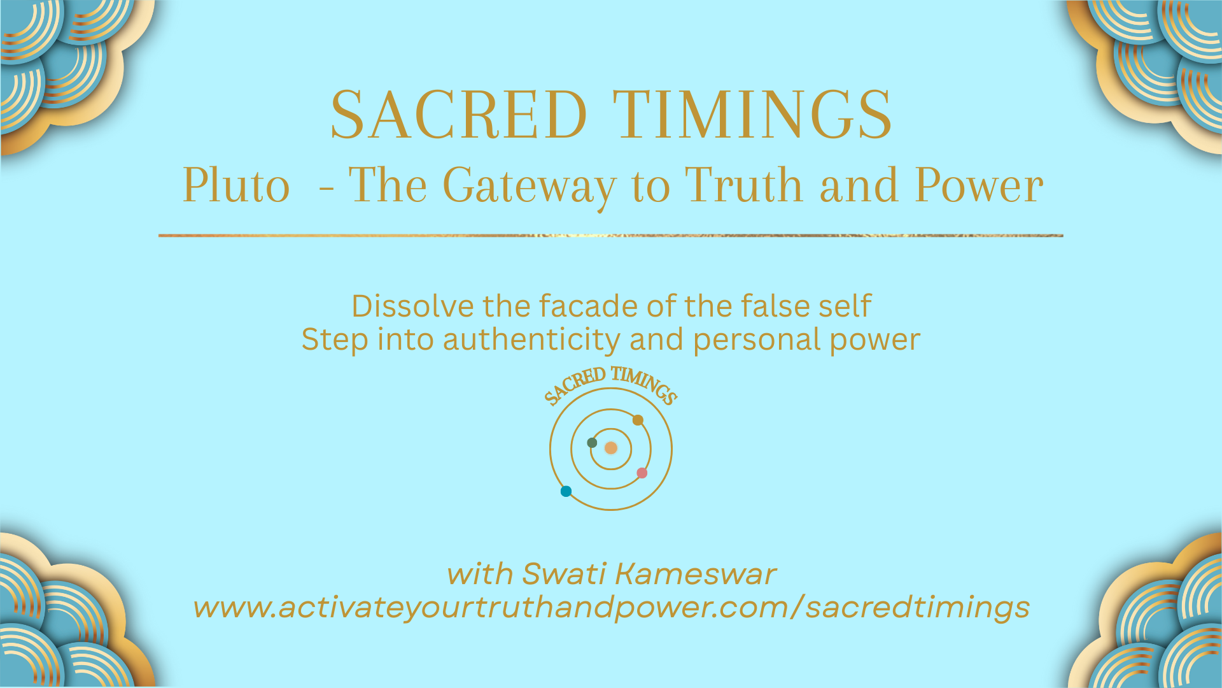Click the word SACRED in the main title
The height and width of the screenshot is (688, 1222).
point(458,115)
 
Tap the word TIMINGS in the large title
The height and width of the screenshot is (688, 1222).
point(753,115)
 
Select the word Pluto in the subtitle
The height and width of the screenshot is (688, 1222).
point(236,185)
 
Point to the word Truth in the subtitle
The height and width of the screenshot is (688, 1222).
point(743,185)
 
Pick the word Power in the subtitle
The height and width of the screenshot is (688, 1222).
point(979,185)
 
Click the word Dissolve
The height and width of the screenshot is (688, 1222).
point(412,306)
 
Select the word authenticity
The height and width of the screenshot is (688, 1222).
point(531,340)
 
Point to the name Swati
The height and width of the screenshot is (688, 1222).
point(563,574)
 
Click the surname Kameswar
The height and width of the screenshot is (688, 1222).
point(696,574)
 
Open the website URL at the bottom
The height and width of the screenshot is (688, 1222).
point(612,607)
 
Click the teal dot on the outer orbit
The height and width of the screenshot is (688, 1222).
point(566,491)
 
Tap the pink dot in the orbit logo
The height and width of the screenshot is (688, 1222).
point(642,473)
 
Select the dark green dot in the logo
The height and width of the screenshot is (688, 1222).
point(592,443)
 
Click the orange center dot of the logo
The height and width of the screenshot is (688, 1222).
point(611,448)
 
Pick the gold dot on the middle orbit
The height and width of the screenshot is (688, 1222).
point(638,420)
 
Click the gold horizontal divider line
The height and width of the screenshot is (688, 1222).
point(611,236)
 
